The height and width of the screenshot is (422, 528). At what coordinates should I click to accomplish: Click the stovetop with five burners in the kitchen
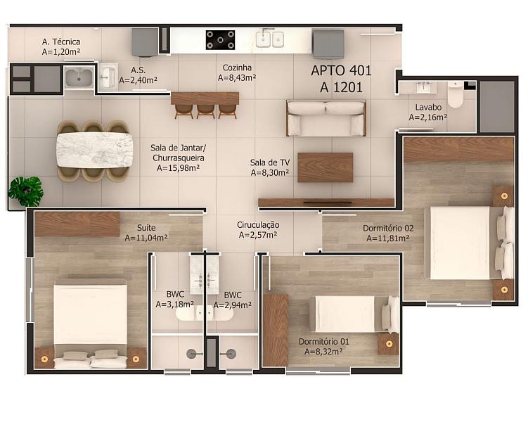[x=220, y=40]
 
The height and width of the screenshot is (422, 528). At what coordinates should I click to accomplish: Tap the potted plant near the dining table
[x=26, y=191]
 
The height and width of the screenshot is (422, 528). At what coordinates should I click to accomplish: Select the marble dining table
[x=95, y=150]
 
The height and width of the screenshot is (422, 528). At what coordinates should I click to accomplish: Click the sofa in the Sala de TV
[x=326, y=118]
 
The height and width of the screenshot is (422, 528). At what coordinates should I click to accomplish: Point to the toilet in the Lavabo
[x=456, y=94]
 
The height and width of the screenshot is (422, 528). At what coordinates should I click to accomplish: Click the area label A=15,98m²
[x=178, y=167]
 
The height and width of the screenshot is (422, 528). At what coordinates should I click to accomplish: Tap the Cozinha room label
[x=237, y=68]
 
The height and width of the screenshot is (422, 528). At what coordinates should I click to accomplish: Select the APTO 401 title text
[x=341, y=70]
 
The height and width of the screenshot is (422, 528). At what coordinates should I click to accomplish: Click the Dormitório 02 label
[x=388, y=228]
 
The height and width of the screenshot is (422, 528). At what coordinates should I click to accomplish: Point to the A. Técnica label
[x=61, y=41]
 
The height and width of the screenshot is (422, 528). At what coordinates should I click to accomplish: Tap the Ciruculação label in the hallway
[x=258, y=224]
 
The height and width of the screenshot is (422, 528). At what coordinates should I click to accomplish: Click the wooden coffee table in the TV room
[x=326, y=167]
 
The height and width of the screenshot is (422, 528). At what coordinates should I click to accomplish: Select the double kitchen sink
[x=269, y=39]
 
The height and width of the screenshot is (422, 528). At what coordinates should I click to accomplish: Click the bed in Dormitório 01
[x=356, y=314]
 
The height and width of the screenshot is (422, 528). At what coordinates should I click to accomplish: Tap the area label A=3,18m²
[x=175, y=305]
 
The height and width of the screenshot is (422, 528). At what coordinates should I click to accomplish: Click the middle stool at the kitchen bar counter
[x=205, y=111]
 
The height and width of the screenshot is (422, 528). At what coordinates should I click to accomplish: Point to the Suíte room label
[x=146, y=228]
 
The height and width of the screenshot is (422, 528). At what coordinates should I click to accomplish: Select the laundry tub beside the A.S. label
[x=79, y=77]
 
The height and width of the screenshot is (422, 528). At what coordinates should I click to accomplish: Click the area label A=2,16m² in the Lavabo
[x=427, y=117]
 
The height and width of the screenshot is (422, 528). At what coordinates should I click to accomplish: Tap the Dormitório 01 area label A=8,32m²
[x=323, y=352]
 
